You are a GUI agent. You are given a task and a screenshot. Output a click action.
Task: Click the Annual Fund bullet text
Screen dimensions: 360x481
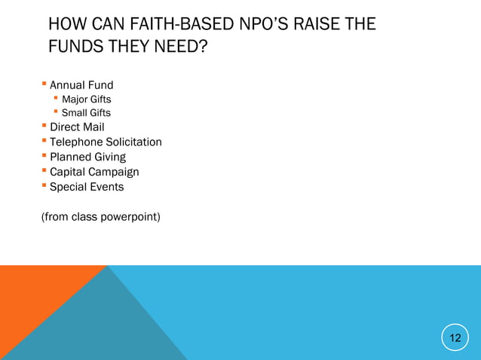click(x=81, y=85)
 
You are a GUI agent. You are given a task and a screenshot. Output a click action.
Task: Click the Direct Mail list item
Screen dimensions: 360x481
click(x=77, y=127)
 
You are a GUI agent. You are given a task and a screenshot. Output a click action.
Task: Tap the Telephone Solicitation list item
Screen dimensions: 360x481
click(x=106, y=142)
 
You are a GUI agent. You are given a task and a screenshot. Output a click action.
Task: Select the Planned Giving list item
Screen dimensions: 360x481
click(x=87, y=157)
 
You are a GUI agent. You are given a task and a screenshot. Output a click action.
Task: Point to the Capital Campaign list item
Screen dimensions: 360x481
click(x=94, y=172)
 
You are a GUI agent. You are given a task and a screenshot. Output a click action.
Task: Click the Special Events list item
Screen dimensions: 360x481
click(x=87, y=187)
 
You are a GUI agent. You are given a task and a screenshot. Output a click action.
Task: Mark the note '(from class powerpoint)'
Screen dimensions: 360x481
click(x=100, y=218)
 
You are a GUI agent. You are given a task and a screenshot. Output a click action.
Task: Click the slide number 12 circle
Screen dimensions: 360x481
click(x=455, y=337)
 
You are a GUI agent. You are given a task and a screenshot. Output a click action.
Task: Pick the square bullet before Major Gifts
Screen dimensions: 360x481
click(x=56, y=99)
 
